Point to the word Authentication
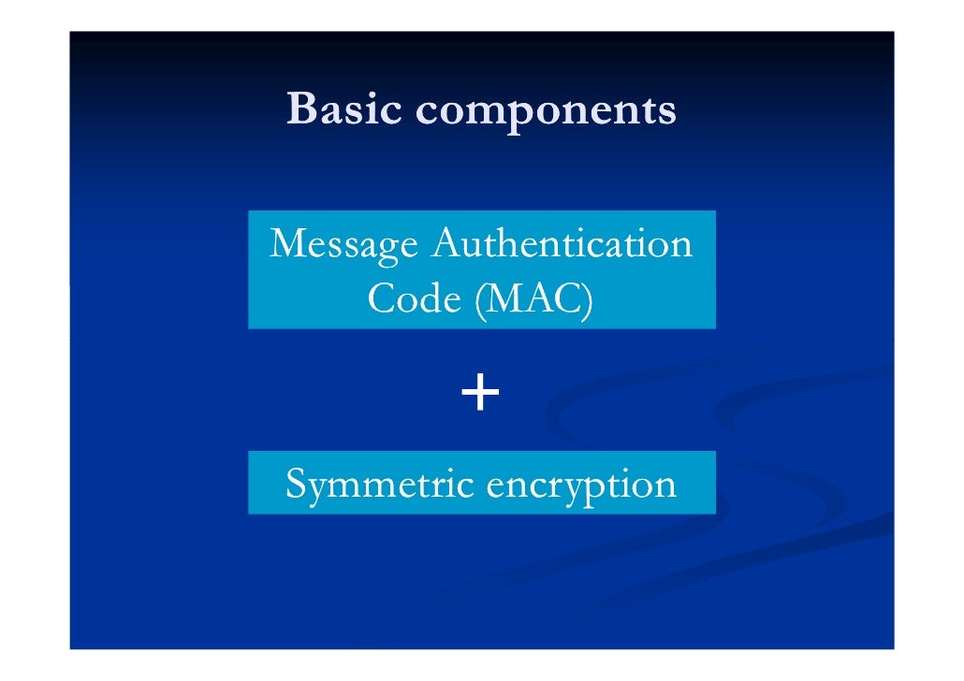(562, 245)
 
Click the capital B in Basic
(301, 109)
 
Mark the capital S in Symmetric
(296, 485)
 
